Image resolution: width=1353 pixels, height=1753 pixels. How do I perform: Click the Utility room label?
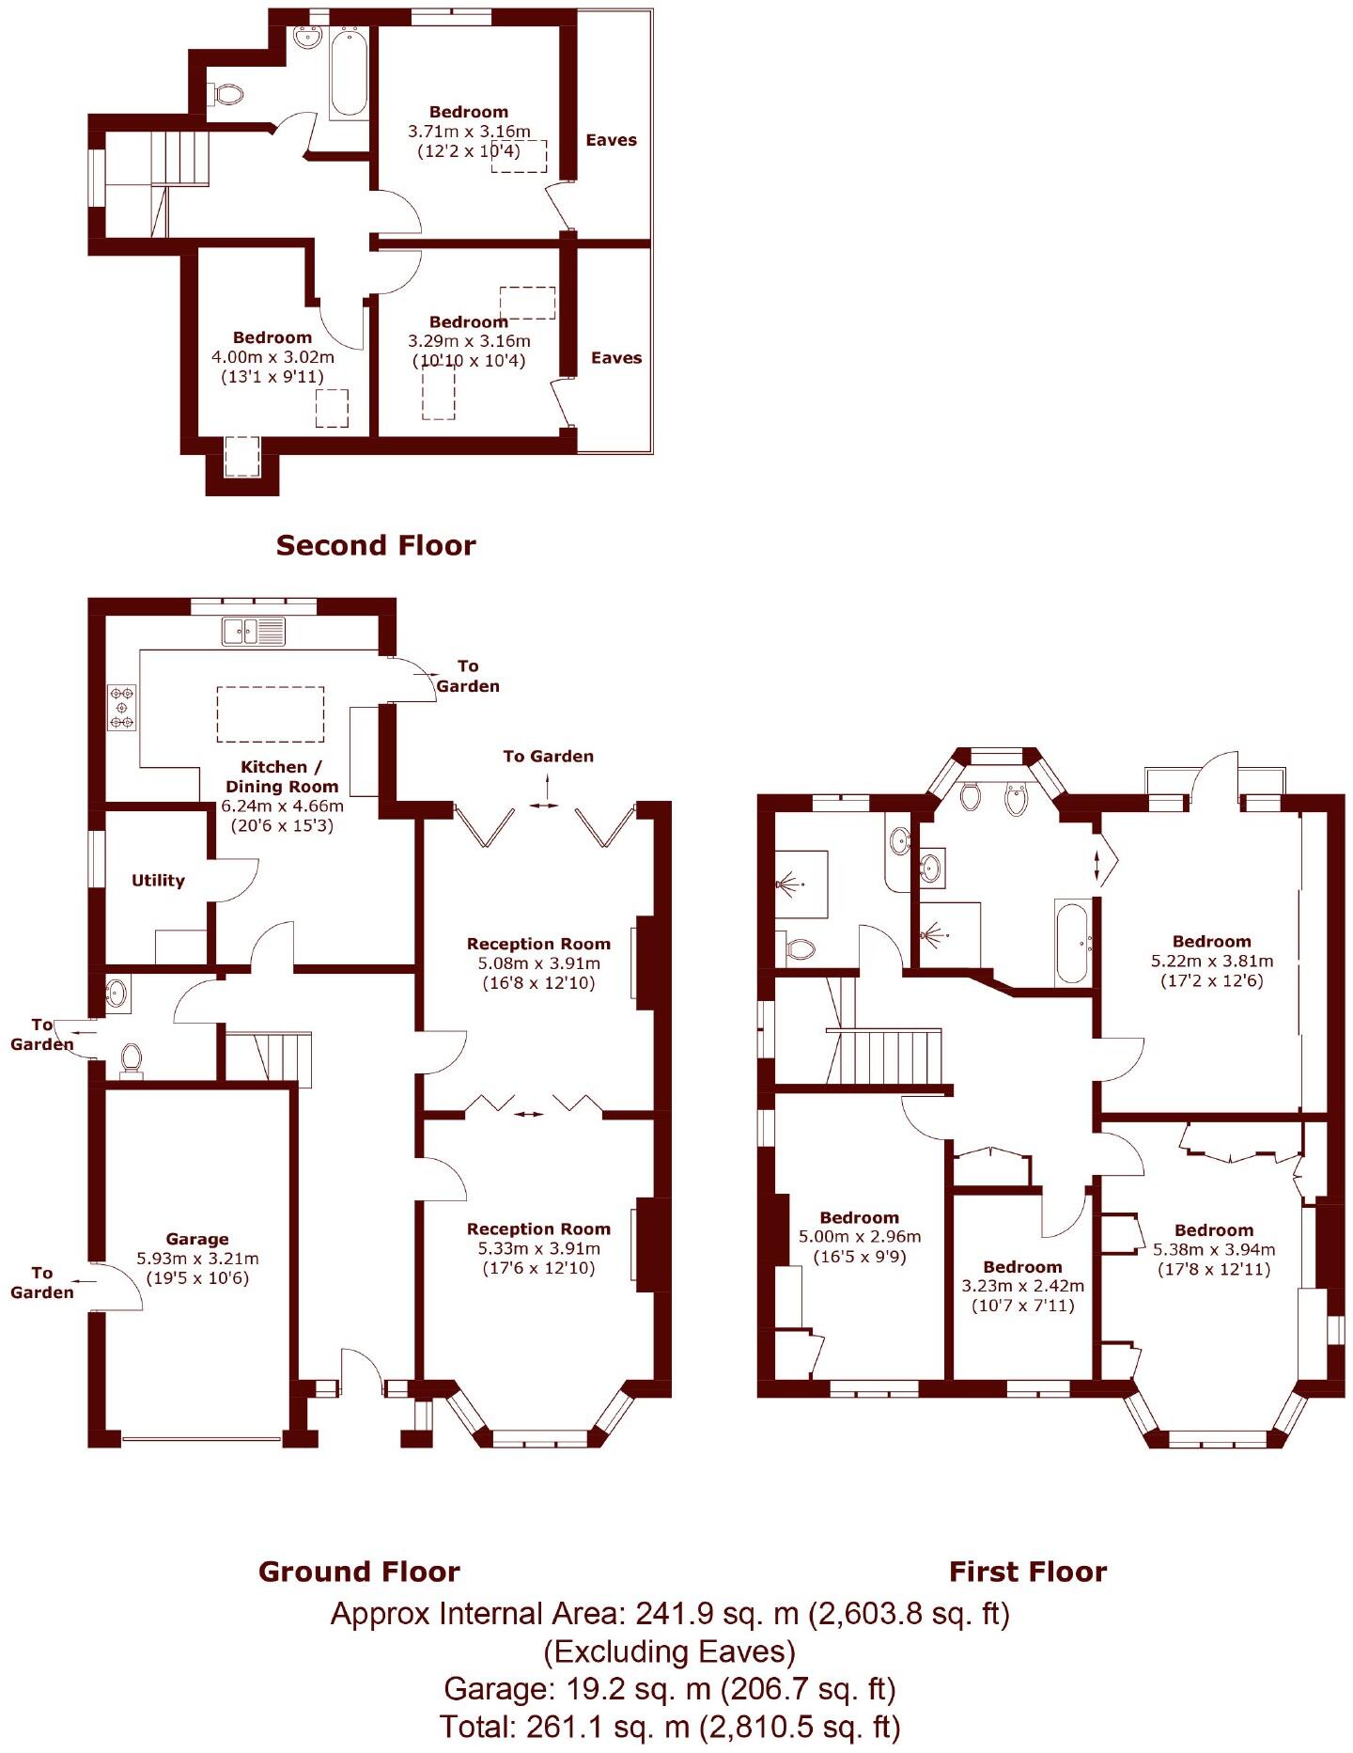pyautogui.click(x=158, y=881)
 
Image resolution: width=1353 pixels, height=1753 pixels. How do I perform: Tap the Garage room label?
pyautogui.click(x=197, y=1239)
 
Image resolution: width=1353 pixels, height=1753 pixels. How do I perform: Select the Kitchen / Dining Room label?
pyautogui.click(x=281, y=776)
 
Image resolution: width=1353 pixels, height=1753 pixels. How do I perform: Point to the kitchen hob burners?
pyautogui.click(x=122, y=708)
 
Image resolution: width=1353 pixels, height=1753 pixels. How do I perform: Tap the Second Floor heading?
pyautogui.click(x=376, y=545)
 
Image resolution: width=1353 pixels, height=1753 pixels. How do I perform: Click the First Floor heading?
pyautogui.click(x=1028, y=1572)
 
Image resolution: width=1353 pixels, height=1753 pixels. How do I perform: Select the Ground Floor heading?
pyautogui.click(x=359, y=1572)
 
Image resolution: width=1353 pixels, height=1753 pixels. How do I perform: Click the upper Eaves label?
pyautogui.click(x=611, y=140)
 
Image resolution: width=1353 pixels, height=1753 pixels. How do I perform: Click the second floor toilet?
pyautogui.click(x=226, y=94)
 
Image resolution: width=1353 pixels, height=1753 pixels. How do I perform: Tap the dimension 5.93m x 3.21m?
pyautogui.click(x=197, y=1259)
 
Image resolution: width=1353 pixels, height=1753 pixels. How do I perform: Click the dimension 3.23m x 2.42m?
pyautogui.click(x=1022, y=1286)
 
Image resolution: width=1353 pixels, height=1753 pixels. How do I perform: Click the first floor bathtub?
pyautogui.click(x=1072, y=942)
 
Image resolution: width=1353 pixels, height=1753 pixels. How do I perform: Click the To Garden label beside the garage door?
pyautogui.click(x=41, y=1282)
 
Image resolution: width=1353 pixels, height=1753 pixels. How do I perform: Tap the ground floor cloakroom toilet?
pyautogui.click(x=132, y=1058)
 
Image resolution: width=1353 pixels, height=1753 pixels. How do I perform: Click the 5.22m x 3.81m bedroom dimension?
pyautogui.click(x=1212, y=961)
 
